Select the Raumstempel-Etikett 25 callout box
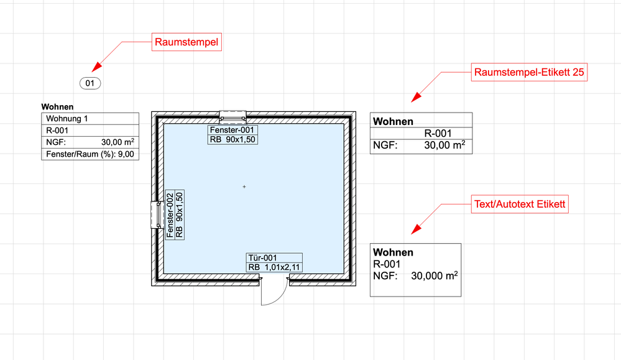coord(528,72)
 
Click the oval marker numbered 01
coord(90,83)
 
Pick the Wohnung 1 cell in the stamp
coord(90,119)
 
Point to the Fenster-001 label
coord(232,131)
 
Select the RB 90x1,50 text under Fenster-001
coord(232,139)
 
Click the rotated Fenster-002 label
coord(170,215)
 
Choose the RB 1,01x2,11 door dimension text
coord(274,267)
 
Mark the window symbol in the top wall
coord(233,116)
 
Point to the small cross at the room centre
coord(244,187)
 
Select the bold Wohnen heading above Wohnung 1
coord(57,107)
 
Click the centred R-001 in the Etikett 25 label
coord(438,133)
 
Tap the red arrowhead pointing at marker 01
coord(97,68)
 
